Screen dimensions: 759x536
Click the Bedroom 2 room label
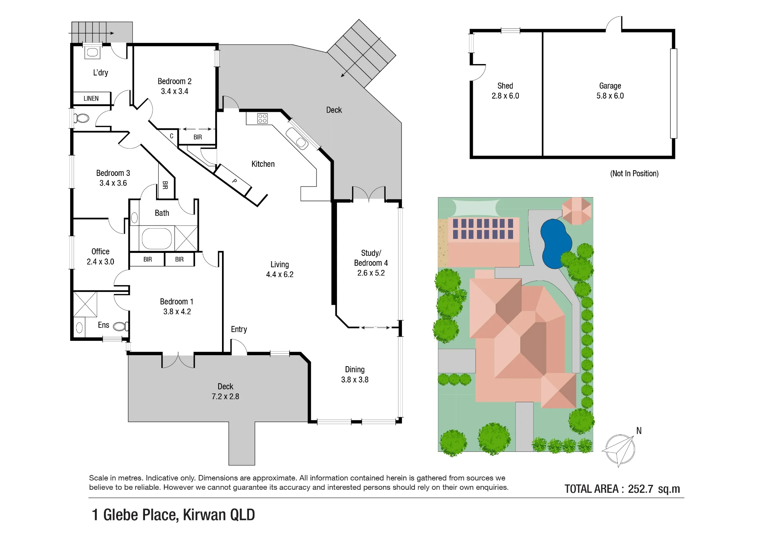175,81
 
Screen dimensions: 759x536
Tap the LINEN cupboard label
91,99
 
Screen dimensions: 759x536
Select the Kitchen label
263,164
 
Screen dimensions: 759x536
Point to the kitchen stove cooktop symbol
262,118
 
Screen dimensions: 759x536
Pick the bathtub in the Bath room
157,238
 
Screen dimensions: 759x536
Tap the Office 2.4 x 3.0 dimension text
100,262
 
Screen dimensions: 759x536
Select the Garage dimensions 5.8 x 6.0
610,96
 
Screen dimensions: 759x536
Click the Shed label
505,86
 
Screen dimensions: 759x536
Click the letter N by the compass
639,431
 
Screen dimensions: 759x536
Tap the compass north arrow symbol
619,450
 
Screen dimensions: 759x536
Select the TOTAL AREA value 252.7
641,489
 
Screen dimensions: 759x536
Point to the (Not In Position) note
634,174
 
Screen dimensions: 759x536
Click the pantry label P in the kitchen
235,181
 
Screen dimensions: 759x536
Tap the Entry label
239,329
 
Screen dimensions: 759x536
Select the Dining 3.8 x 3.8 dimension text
355,380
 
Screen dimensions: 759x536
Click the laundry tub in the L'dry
92,52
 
